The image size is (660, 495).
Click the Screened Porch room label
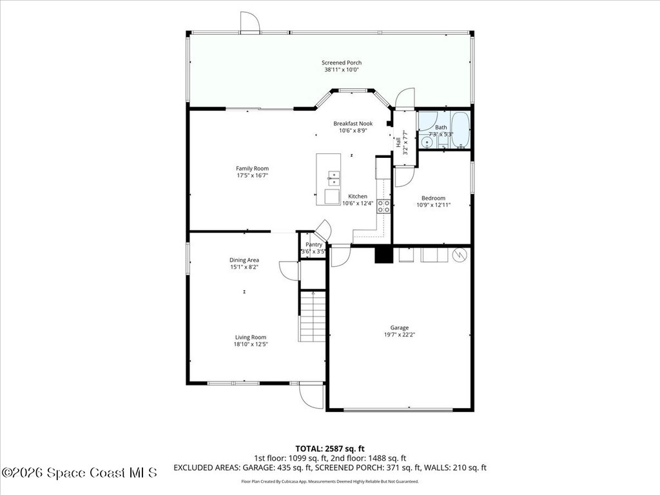(342, 63)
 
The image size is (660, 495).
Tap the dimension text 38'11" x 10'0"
(342, 70)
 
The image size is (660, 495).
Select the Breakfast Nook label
(353, 123)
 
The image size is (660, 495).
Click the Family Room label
(252, 168)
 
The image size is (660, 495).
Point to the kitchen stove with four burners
(383, 206)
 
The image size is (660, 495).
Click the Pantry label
(314, 244)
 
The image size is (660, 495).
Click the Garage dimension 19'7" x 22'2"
(400, 334)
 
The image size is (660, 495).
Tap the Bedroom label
(433, 198)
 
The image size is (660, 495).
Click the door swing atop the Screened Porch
(249, 23)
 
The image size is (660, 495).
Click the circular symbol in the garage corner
(460, 255)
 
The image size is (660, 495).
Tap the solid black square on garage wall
(383, 255)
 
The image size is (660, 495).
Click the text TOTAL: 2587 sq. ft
(330, 448)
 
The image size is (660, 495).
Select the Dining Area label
(244, 260)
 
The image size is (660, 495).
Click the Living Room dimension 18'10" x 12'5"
(250, 344)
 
